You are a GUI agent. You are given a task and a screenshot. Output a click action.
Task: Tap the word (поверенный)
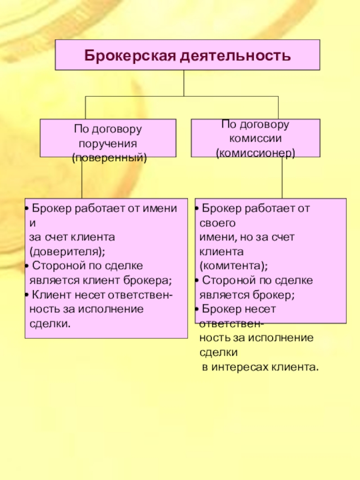[x=109, y=158]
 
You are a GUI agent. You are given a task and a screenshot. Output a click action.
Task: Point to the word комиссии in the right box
[x=255, y=139]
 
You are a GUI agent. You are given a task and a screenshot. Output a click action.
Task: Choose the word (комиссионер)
[x=256, y=153]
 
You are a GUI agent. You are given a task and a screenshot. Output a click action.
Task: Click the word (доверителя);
[x=67, y=251]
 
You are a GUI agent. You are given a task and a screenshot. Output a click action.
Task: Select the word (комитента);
[x=234, y=266]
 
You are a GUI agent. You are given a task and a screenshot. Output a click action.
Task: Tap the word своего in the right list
[x=217, y=223]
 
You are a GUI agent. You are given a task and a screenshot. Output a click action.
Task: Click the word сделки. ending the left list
[x=50, y=324]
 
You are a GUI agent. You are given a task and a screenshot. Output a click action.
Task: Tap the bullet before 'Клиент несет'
[x=27, y=295]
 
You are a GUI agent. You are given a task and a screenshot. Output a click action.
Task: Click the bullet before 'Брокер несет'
[x=197, y=309]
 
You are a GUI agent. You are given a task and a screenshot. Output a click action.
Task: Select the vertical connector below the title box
[x=184, y=83]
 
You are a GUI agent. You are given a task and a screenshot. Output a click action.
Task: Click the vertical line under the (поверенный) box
[x=82, y=178]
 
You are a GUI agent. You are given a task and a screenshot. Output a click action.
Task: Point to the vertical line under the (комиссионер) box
[x=282, y=178]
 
